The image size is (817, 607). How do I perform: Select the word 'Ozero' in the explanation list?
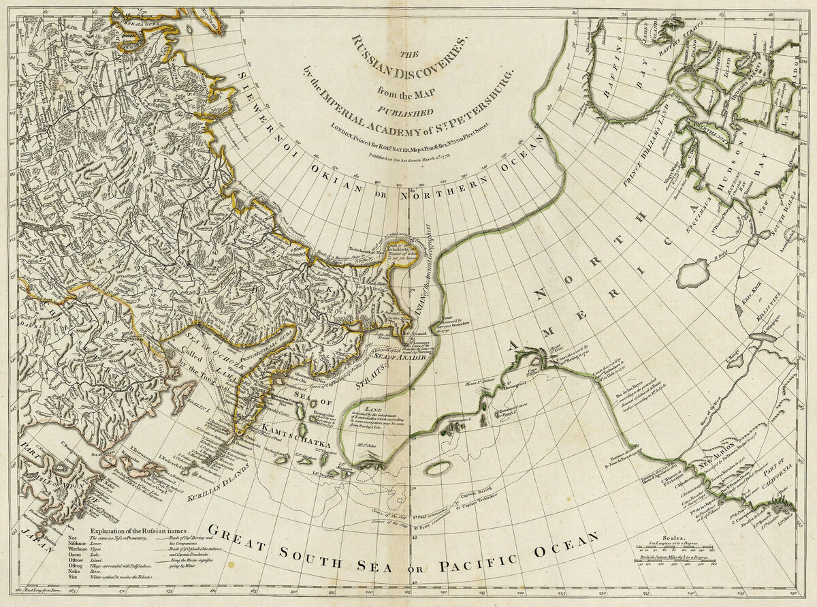[x=78, y=551]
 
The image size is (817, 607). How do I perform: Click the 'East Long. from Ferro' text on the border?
[x=42, y=590]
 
